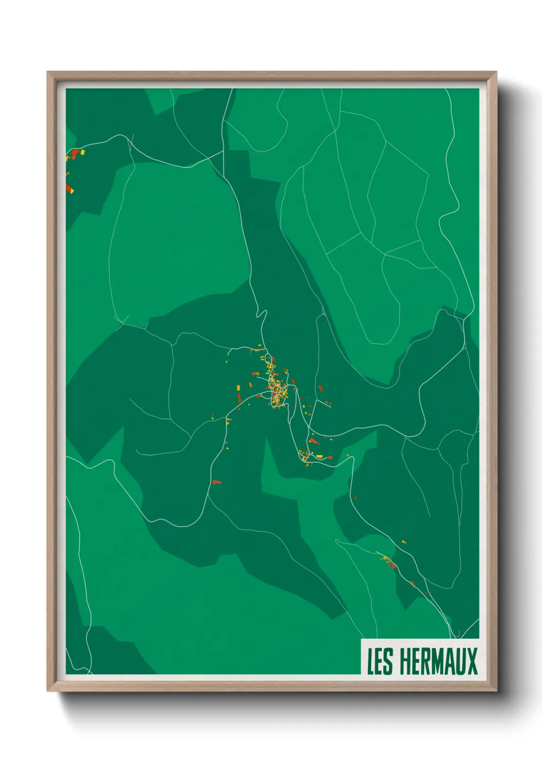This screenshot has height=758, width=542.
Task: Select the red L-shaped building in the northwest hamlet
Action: tap(75, 153)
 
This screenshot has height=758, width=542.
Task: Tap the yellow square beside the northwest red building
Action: tap(82, 152)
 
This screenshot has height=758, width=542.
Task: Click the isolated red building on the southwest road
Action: tap(217, 482)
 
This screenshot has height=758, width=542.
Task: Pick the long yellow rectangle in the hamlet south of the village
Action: tap(319, 456)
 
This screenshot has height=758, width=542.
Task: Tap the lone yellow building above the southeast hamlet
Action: tap(404, 541)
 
